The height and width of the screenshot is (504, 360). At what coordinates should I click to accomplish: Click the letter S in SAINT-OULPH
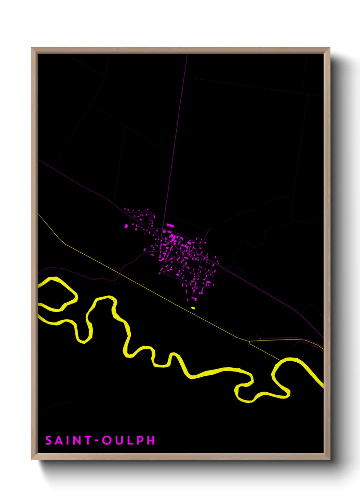point(49,440)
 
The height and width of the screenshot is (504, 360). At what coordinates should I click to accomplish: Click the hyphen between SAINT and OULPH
point(97,441)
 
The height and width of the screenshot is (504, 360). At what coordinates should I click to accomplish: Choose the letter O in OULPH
point(107,440)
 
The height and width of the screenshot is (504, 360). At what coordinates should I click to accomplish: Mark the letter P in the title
point(140,440)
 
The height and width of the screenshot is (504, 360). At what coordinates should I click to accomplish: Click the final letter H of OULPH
point(151,440)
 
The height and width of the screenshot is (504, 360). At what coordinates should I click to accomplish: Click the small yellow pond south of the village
point(193,308)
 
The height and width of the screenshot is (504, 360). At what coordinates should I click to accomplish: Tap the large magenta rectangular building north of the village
point(170,225)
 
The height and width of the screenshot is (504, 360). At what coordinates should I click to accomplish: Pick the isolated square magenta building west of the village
point(126,226)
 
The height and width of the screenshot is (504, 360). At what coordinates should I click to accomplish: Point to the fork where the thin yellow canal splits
point(249,341)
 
